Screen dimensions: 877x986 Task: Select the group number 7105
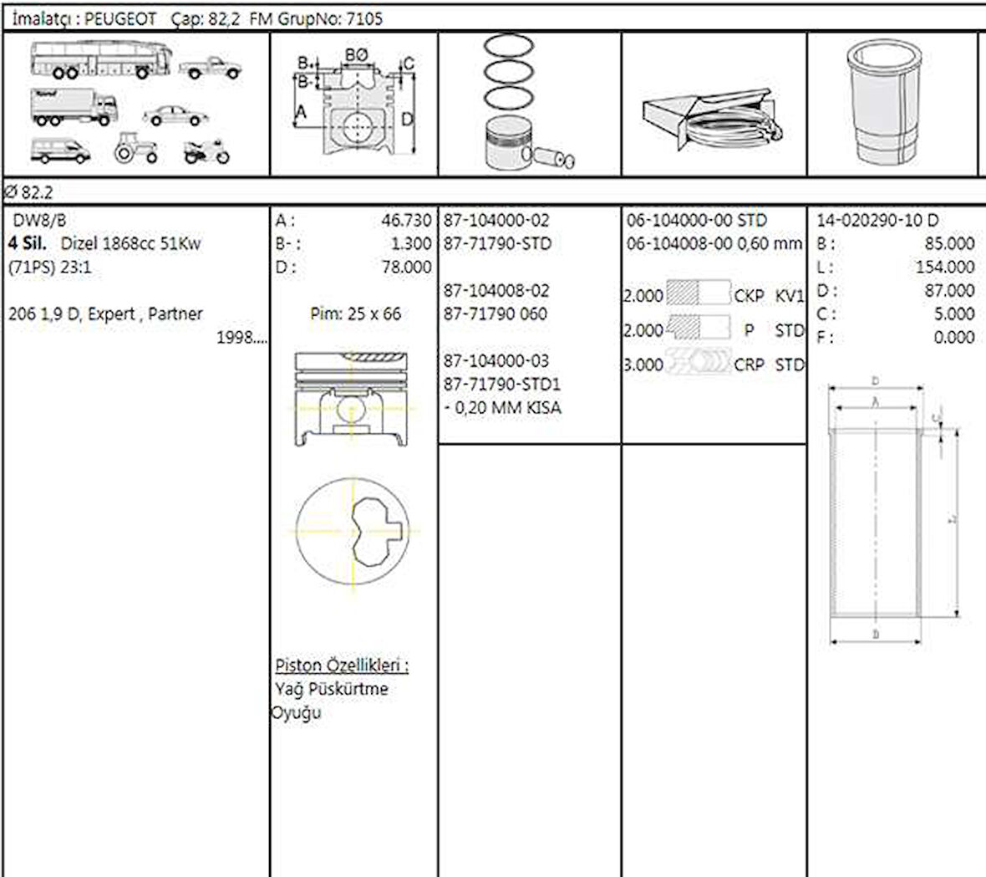coord(363,19)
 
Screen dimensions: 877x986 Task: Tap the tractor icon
coord(135,148)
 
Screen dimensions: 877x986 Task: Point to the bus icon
coord(100,60)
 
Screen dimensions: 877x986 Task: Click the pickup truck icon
coord(210,68)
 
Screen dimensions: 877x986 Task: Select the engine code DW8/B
coord(39,221)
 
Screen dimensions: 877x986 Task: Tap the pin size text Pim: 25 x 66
coord(355,314)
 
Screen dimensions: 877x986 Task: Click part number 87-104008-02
coord(496,291)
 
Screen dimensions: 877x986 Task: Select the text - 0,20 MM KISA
coord(502,408)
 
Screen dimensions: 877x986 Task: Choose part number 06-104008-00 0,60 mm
coord(714,244)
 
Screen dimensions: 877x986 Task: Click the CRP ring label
coord(749,365)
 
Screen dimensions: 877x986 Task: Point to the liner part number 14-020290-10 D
coord(877,221)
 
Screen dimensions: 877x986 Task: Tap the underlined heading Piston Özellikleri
coord(342,666)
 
